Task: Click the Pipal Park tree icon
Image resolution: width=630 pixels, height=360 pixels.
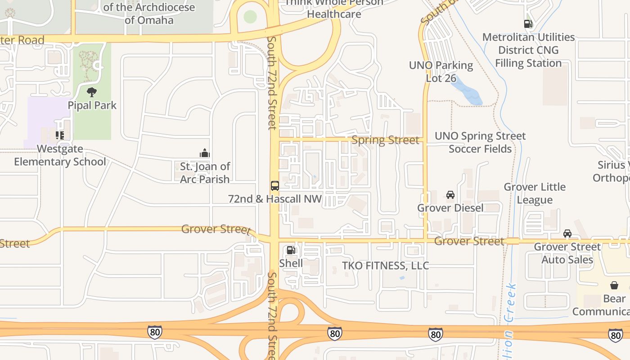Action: click(92, 92)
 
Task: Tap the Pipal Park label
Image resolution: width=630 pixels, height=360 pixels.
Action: click(92, 105)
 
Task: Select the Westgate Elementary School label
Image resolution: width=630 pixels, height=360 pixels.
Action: click(60, 155)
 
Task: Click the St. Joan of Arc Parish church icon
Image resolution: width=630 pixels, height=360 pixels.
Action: click(205, 153)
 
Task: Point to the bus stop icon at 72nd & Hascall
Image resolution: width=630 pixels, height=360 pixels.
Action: click(274, 186)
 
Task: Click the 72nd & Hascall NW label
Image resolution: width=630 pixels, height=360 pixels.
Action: click(275, 198)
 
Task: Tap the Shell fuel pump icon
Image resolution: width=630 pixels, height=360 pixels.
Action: click(291, 250)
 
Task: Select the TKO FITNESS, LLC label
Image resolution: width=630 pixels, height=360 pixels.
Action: click(386, 265)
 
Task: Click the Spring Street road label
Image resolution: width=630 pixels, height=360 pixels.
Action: click(385, 140)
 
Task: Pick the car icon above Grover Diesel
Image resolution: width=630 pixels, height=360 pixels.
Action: click(450, 195)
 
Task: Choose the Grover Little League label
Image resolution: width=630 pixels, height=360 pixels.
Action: click(535, 193)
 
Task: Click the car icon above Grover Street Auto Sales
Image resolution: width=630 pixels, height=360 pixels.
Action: click(567, 234)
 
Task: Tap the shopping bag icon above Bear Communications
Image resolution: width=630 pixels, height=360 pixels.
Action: click(614, 285)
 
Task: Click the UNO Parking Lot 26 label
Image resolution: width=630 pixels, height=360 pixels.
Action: click(441, 72)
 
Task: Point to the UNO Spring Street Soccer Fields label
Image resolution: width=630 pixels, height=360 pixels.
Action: click(480, 142)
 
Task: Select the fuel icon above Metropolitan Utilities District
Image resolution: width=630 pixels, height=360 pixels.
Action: click(528, 24)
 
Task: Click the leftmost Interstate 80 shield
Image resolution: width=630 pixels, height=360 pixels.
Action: click(154, 332)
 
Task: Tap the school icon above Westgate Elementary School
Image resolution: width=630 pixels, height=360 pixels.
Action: click(60, 135)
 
